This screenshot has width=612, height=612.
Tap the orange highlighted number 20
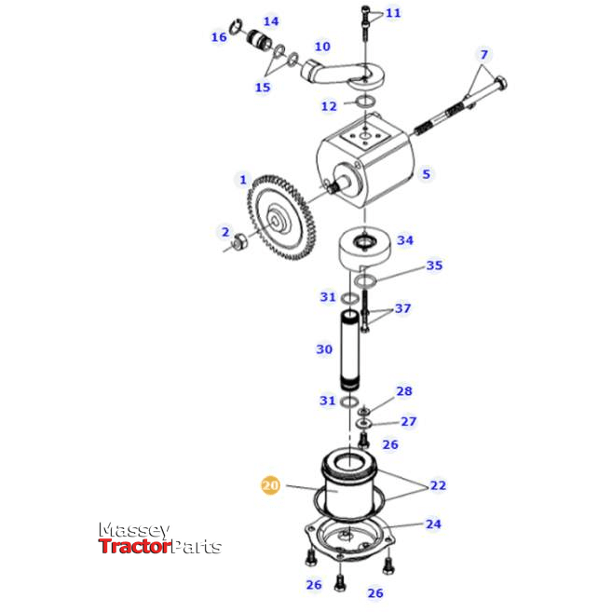[270, 485]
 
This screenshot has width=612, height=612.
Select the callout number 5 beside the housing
[426, 173]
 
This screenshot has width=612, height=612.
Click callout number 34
[404, 240]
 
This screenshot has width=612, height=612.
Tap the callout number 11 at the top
[393, 13]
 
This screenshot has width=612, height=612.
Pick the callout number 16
[219, 37]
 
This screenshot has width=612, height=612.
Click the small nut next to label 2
[238, 245]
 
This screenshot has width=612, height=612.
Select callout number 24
[433, 524]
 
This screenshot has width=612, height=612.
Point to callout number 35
[434, 265]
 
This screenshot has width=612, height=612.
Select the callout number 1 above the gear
[243, 179]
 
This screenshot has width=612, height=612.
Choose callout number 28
[404, 391]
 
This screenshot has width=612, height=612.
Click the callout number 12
[329, 106]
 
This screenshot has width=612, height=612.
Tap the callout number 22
[437, 486]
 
